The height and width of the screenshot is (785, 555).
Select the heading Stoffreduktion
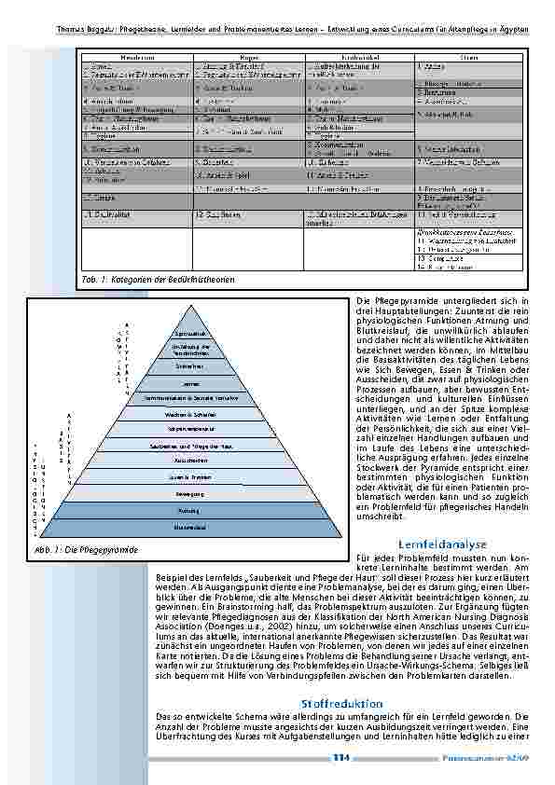tap(330, 701)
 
